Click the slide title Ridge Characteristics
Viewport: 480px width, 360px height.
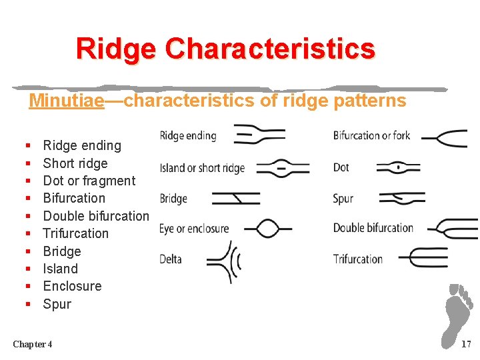[x=225, y=49]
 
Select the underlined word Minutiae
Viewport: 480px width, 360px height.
[x=67, y=101]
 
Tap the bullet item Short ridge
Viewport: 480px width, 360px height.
[x=75, y=163]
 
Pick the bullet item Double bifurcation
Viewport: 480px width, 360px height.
[x=95, y=216]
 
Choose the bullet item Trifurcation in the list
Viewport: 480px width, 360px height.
[x=75, y=233]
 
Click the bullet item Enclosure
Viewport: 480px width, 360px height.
[x=72, y=286]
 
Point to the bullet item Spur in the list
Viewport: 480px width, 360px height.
[x=57, y=304]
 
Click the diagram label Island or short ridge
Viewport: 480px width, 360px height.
[x=202, y=168]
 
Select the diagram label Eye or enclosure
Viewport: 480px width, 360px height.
[x=194, y=229]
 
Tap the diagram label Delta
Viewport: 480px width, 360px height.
[x=171, y=259]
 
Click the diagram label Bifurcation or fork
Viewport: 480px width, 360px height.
[x=371, y=136]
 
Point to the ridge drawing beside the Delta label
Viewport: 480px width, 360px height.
[x=225, y=261]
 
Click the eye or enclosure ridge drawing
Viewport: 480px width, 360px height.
[x=267, y=229]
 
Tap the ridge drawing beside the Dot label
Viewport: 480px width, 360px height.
[x=398, y=167]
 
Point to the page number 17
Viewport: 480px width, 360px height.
[x=465, y=344]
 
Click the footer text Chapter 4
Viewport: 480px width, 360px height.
[x=33, y=344]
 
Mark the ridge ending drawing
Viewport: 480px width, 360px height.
[x=260, y=134]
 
